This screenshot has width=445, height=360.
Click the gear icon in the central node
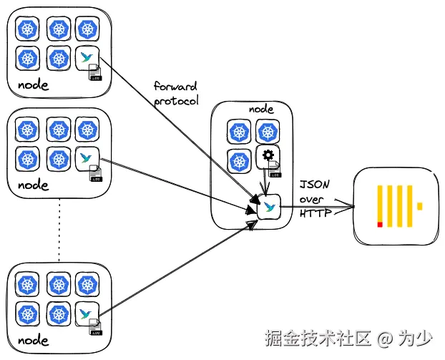[x=268, y=155]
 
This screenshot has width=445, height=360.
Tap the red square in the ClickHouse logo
[x=380, y=225]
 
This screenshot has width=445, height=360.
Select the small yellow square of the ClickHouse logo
[x=420, y=206]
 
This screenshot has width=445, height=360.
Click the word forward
[x=175, y=86]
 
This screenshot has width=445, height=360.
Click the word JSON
[x=315, y=185]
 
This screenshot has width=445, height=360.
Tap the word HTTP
[x=316, y=213]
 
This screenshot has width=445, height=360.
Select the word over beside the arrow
[x=311, y=200]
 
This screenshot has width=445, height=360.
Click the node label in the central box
[x=261, y=110]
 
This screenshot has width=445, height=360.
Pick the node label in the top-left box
[x=33, y=85]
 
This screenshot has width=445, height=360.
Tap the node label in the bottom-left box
[x=33, y=340]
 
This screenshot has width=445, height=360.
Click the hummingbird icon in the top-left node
[x=86, y=57]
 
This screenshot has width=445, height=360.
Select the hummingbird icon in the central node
[x=269, y=207]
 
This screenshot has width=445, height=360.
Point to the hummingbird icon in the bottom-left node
[x=85, y=313]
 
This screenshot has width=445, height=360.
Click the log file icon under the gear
[x=275, y=169]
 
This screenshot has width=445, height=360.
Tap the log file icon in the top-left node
[x=95, y=72]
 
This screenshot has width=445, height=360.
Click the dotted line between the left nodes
[x=59, y=230]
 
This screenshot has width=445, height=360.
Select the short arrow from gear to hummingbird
[x=265, y=182]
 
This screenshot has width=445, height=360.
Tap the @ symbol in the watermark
[x=385, y=339]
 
